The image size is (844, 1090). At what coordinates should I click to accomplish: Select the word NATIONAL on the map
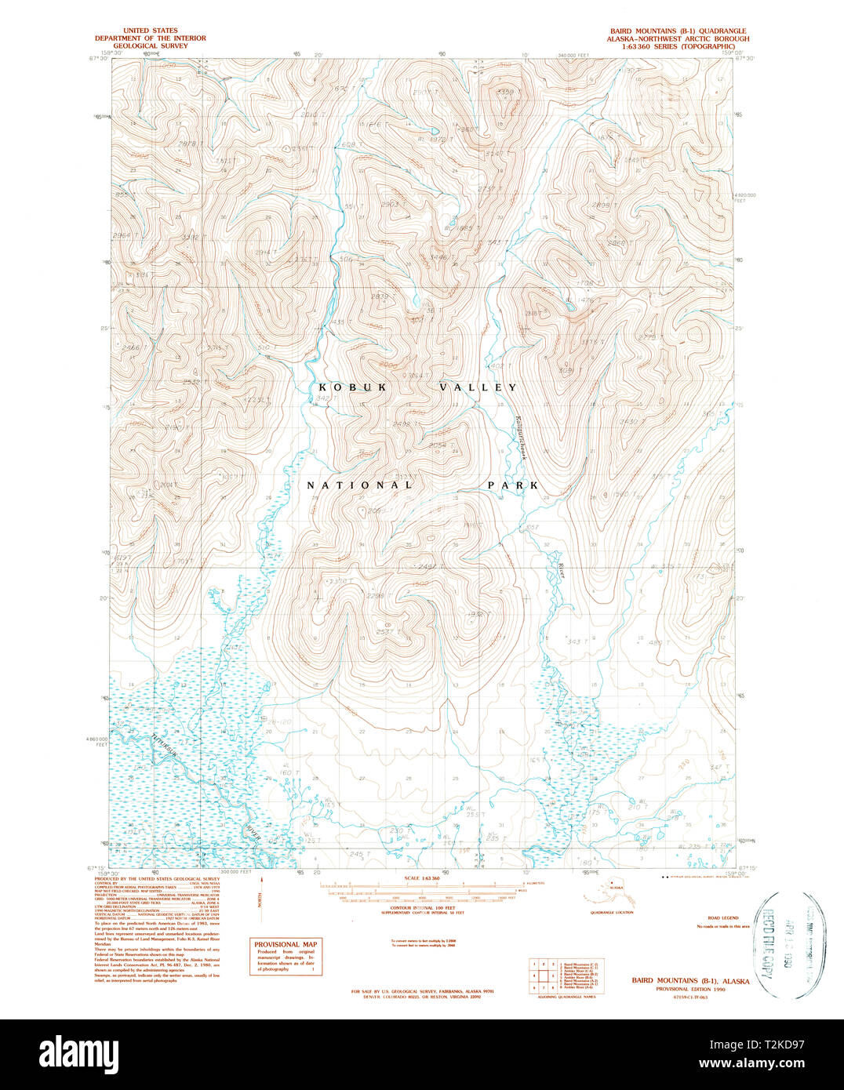(359, 485)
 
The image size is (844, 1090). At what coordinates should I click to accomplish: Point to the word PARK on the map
(513, 485)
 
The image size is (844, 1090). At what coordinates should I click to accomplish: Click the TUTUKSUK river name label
(166, 750)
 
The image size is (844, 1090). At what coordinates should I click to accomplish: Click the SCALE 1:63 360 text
(422, 878)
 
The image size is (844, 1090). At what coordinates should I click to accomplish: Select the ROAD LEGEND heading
(722, 917)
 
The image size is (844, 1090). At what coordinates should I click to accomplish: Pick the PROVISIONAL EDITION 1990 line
(690, 990)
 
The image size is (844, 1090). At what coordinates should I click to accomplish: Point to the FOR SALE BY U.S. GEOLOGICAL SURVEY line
(422, 991)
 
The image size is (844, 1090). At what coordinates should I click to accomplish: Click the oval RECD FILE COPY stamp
(777, 945)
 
